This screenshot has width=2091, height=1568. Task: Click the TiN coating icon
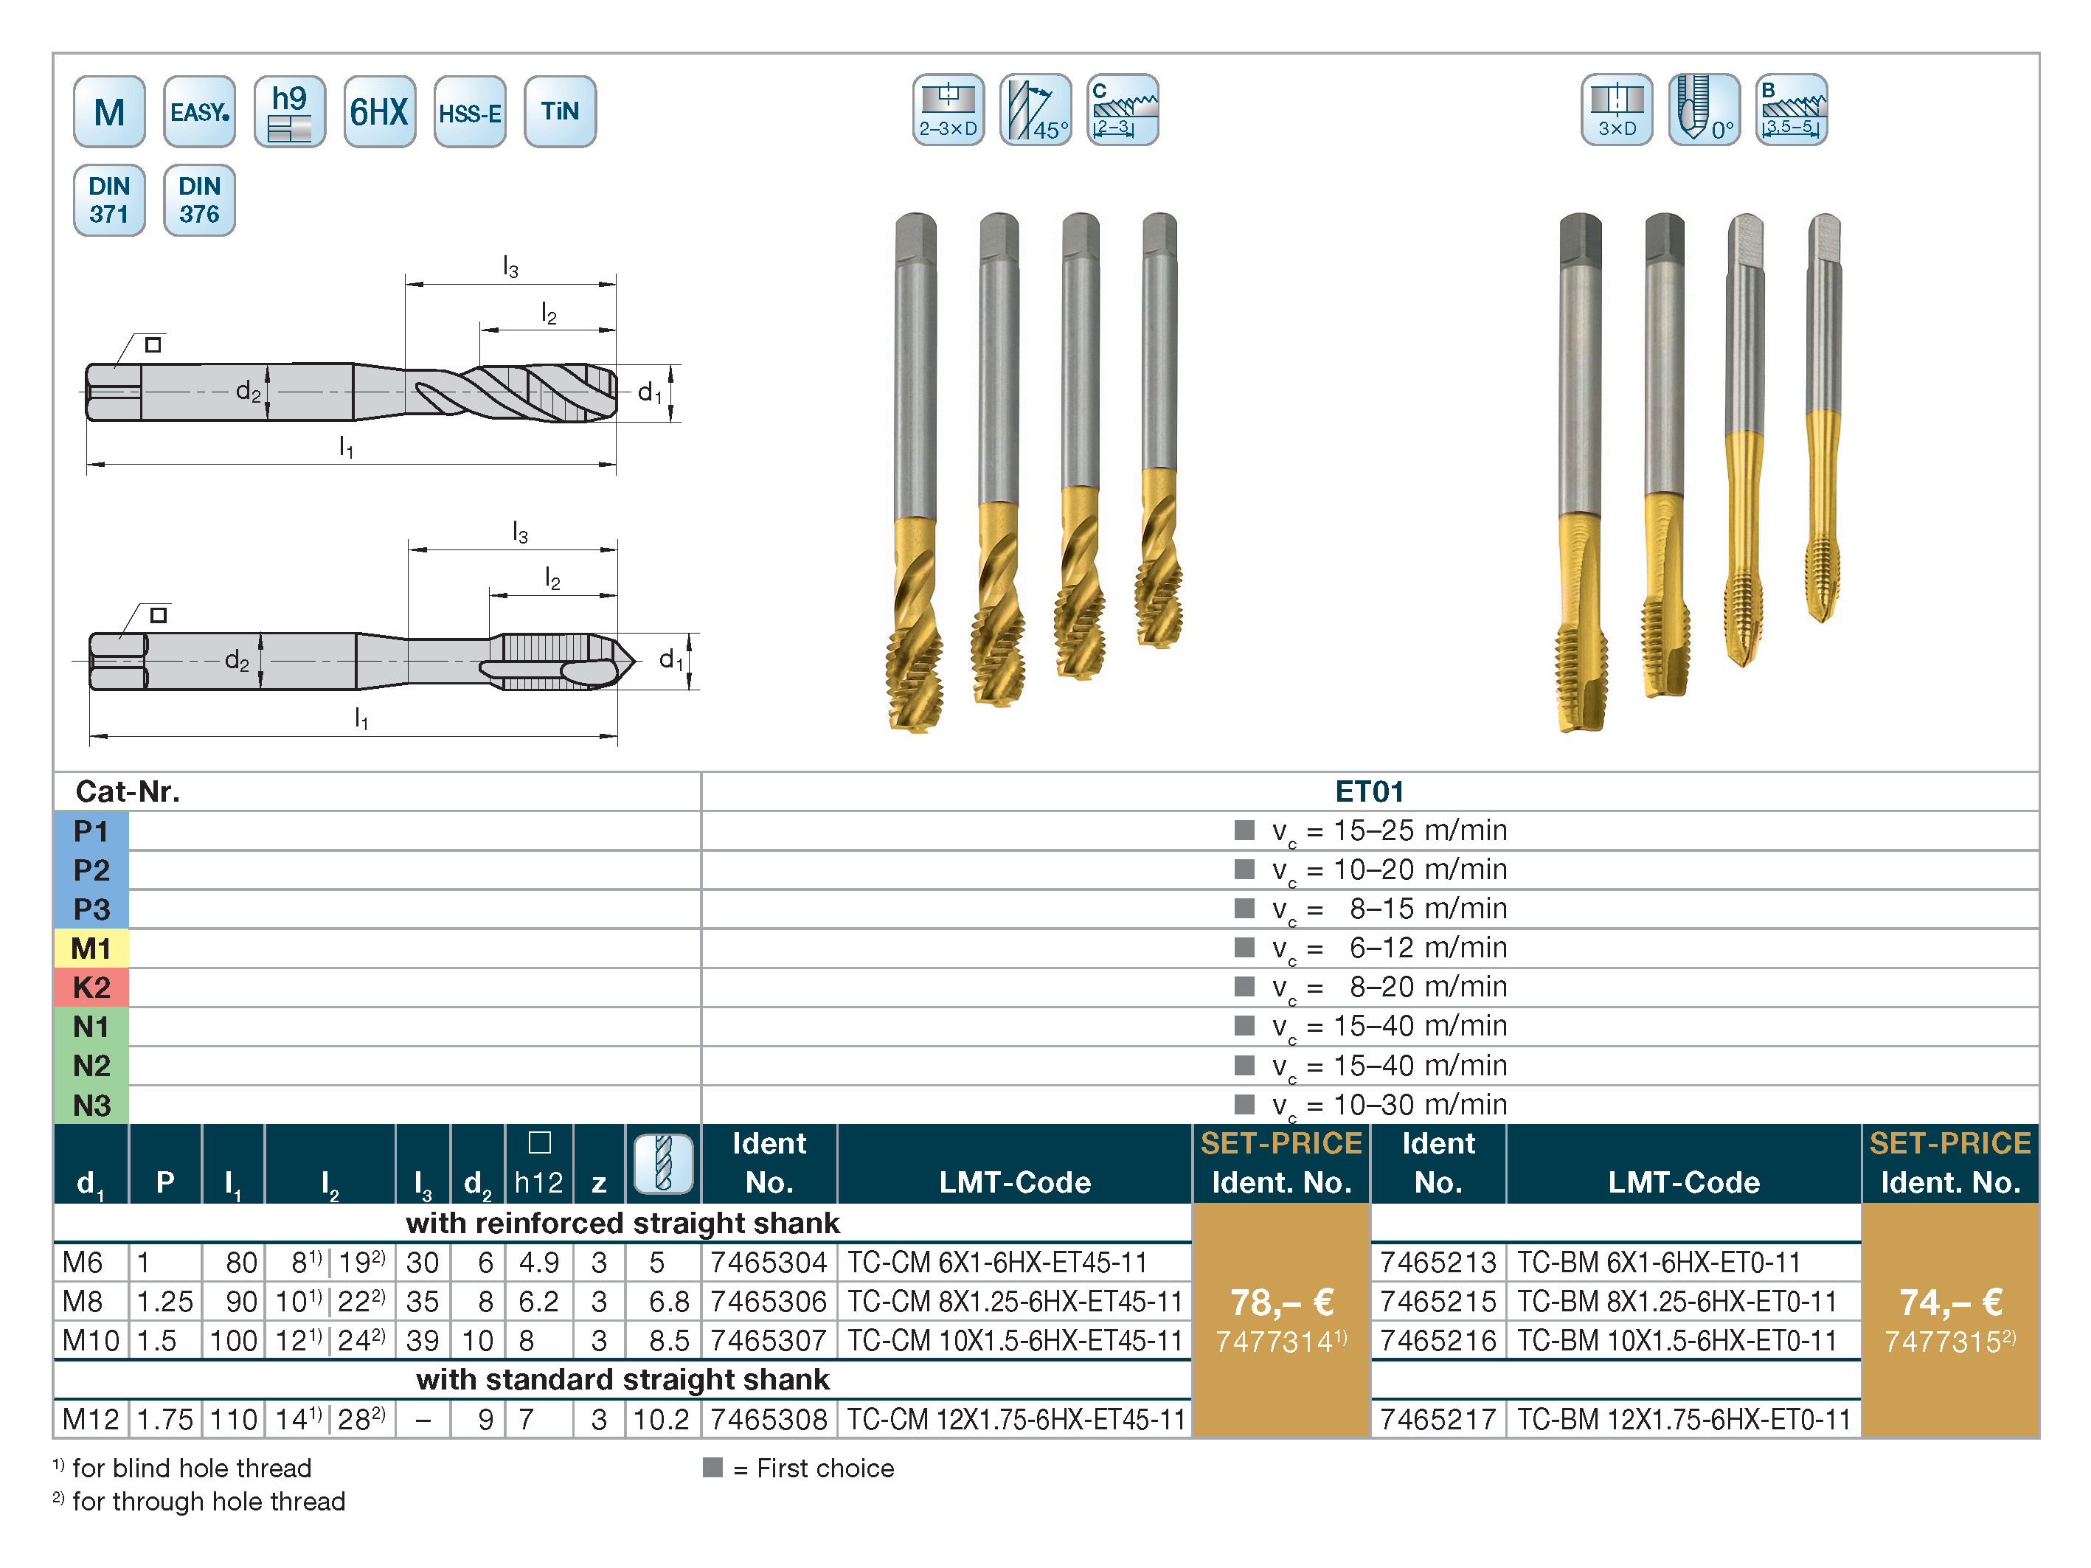[560, 111]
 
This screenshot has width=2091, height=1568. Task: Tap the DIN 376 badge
[199, 201]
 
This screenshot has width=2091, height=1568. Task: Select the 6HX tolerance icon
[380, 111]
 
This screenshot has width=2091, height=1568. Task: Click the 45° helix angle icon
[1036, 110]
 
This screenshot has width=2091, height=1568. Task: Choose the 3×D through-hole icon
[1617, 110]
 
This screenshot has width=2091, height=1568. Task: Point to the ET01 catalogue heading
[1370, 791]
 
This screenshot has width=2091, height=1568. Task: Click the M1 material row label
[91, 948]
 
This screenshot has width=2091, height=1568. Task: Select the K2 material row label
[91, 988]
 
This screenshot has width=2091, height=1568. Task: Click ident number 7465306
[769, 1302]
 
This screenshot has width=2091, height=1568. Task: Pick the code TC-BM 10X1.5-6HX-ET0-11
[1677, 1340]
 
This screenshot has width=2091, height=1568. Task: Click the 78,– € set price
[1282, 1302]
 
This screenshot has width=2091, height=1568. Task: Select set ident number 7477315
[1950, 1342]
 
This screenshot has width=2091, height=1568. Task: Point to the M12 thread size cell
[91, 1419]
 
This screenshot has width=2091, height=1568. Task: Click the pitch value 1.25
[165, 1302]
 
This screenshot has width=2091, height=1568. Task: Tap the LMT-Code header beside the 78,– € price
[1014, 1182]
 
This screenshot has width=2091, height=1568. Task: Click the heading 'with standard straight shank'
[623, 1380]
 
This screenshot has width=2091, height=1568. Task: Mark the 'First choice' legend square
[712, 1467]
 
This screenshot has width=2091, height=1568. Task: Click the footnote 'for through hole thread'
[209, 1501]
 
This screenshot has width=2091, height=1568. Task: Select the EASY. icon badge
[199, 111]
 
